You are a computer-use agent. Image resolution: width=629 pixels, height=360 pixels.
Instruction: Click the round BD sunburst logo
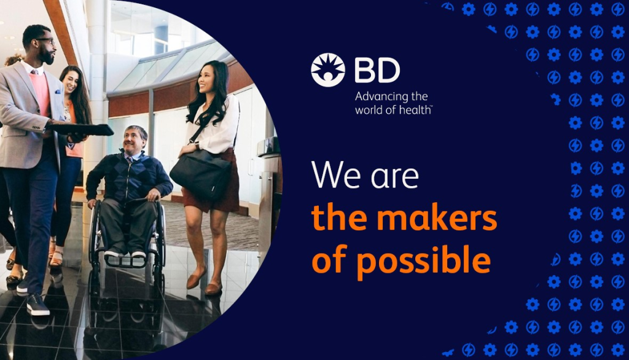coord(328,70)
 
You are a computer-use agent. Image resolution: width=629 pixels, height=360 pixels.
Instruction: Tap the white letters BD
coord(377,70)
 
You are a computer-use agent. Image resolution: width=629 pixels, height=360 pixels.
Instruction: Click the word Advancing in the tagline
coord(378,97)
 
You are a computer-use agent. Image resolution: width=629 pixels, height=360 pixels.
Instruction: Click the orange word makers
coord(437,218)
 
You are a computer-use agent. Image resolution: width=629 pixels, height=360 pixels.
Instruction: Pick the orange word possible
coord(424,261)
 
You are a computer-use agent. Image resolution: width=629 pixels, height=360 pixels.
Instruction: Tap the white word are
coord(395,178)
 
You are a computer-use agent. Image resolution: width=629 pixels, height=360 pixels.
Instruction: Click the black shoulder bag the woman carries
coord(201,174)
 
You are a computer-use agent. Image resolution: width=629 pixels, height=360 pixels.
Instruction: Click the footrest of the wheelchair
coord(125,261)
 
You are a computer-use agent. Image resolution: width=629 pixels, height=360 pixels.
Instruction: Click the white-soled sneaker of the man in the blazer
coord(37,305)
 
